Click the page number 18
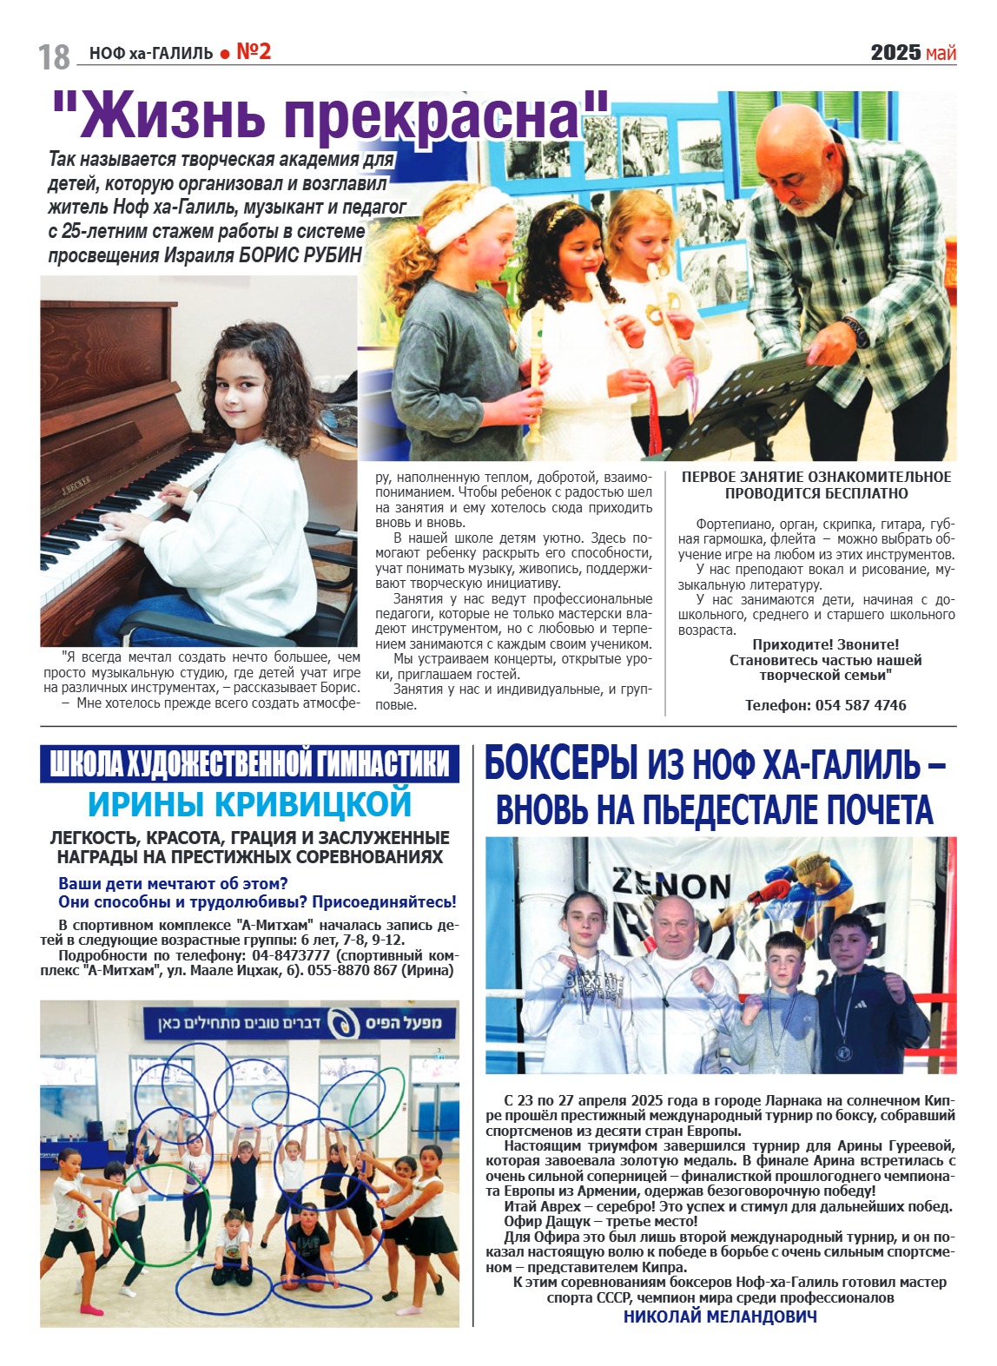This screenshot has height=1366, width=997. point(54,56)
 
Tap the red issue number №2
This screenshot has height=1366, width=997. point(254,52)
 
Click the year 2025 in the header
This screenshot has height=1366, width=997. point(895,53)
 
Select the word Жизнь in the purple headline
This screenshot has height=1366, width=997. point(166,117)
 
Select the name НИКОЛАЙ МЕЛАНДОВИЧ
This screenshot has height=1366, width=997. point(720,1317)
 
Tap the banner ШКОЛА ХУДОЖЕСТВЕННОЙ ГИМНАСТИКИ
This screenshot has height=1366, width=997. point(249,764)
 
